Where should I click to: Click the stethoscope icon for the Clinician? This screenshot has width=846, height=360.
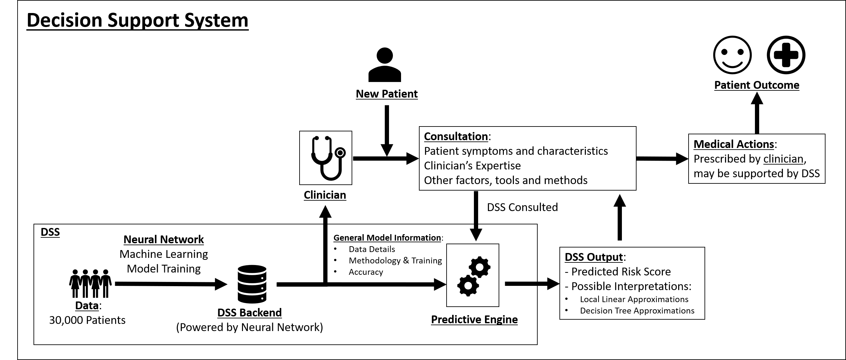[326, 158]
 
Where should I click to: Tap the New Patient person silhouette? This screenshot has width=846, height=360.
[384, 65]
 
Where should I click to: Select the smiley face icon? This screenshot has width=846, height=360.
[732, 55]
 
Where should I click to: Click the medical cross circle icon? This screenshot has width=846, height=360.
[786, 55]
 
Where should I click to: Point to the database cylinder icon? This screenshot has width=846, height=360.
[252, 284]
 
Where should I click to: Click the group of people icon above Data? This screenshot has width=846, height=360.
[90, 283]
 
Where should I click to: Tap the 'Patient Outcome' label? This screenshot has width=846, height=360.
[757, 85]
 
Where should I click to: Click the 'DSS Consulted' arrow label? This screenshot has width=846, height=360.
[522, 207]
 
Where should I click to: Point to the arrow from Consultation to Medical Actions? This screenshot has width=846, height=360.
[662, 159]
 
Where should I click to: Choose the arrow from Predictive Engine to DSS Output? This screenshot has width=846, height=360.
[531, 284]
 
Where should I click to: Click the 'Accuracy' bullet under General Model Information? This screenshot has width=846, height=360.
[366, 272]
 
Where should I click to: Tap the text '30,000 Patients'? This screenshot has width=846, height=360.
[87, 320]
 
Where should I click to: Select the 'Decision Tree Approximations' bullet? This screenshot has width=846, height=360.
[637, 311]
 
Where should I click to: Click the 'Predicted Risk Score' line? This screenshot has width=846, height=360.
[621, 272]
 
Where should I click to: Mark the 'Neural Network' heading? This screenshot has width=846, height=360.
[164, 239]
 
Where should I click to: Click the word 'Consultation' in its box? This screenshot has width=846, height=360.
[456, 136]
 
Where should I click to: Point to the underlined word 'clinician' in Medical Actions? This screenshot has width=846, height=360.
[783, 159]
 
